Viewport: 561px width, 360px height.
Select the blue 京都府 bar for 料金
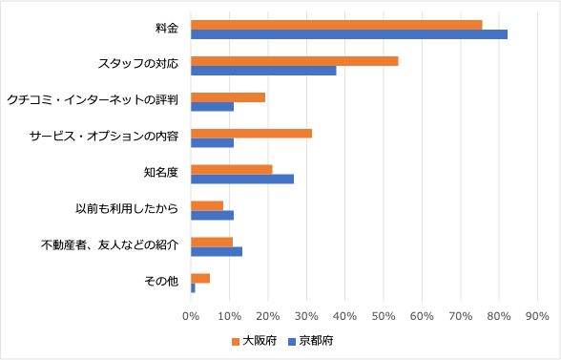click(348, 34)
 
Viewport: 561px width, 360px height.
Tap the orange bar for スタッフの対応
click(294, 61)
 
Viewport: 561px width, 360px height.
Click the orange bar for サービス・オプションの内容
click(251, 133)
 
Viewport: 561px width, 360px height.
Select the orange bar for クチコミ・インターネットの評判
click(228, 97)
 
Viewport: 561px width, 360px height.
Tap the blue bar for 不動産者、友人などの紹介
click(217, 251)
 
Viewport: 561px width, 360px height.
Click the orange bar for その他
click(200, 278)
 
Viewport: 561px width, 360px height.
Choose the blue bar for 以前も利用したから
click(212, 215)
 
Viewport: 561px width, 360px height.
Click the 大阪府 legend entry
click(254, 340)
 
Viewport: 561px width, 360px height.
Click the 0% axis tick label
click(191, 315)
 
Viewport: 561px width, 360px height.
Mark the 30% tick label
click(306, 315)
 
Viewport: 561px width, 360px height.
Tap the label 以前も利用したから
click(127, 210)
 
